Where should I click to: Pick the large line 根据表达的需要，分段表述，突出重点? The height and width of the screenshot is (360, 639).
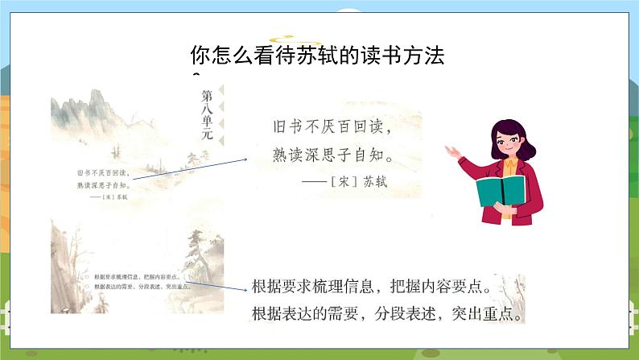(386, 312)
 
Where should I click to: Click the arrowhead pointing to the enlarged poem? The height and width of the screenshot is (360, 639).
(247, 159)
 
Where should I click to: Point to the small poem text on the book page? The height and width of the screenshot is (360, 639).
(103, 178)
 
